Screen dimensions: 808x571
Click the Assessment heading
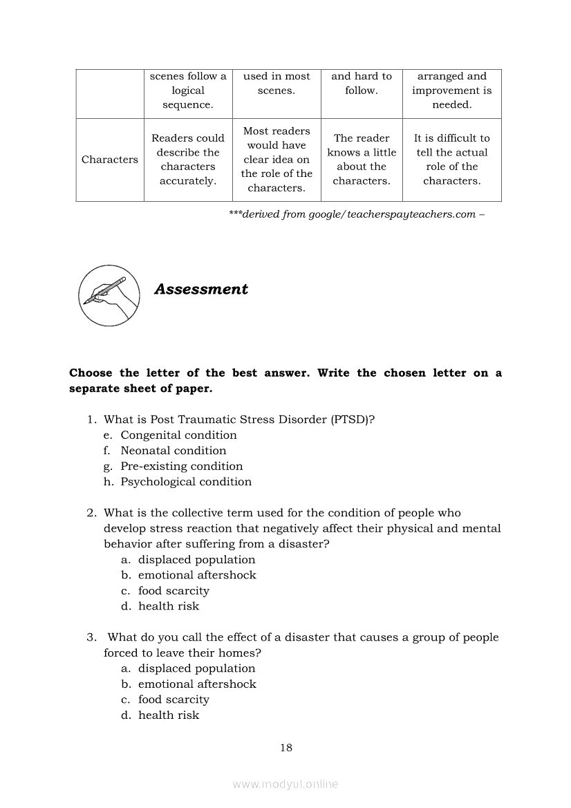pos(200,290)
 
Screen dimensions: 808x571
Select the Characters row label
pos(110,160)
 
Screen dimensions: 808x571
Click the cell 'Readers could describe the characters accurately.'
pos(188,160)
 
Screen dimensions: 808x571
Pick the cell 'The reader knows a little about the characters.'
pos(362,160)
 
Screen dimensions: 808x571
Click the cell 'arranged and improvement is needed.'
pos(452,91)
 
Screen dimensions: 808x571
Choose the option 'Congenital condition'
pos(178,435)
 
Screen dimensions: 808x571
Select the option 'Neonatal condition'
pos(173,451)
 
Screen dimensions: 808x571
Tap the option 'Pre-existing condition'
pos(182,467)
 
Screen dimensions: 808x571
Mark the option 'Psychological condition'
pos(186,482)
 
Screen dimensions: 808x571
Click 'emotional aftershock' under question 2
pos(197,575)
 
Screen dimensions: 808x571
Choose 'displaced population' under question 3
pos(196,668)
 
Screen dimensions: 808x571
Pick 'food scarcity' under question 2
pos(174,591)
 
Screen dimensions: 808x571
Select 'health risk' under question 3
pos(169,715)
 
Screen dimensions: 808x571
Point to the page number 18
pos(286,748)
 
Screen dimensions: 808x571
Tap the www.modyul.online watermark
pos(285,784)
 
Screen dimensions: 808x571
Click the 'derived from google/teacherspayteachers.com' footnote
pos(357,214)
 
